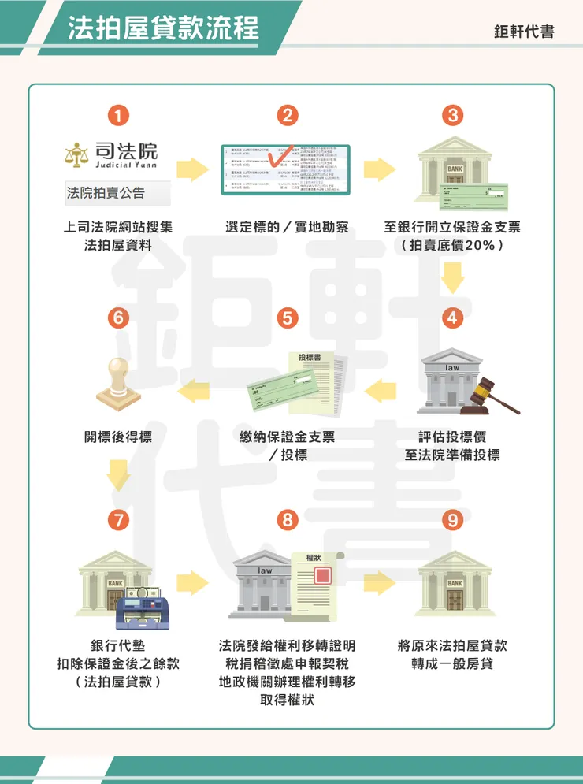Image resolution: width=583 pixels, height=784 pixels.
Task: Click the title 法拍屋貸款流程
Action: click(163, 28)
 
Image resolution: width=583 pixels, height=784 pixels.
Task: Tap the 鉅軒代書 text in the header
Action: click(524, 32)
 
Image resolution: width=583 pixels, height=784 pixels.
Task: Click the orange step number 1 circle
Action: click(118, 115)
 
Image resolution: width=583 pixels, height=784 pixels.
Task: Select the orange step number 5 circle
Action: click(288, 318)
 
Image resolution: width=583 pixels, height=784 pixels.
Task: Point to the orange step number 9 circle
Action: click(452, 520)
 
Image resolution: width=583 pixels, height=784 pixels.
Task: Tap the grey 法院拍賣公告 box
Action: click(117, 193)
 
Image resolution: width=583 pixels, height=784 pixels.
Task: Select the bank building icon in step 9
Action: click(453, 583)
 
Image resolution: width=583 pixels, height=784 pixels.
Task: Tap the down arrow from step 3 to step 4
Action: click(452, 277)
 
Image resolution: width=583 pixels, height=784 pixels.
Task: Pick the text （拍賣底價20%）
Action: click(452, 245)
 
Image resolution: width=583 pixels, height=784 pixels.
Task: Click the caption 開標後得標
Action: click(118, 437)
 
